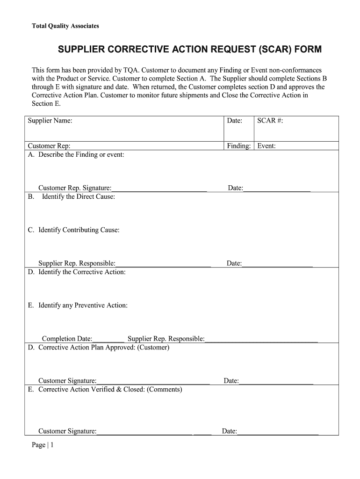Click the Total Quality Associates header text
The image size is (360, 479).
(65, 26)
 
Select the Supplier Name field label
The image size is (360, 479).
(50, 121)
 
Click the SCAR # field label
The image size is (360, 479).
(270, 121)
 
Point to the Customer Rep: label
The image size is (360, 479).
(49, 146)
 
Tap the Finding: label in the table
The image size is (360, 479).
(239, 146)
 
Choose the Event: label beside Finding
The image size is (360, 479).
(266, 146)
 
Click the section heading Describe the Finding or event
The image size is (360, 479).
(81, 154)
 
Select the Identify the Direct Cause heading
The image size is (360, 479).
(78, 196)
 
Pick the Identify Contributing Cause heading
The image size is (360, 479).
(79, 230)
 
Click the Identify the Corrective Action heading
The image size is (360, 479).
(82, 272)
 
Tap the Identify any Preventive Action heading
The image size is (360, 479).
(83, 305)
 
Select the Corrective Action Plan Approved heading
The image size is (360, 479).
(103, 348)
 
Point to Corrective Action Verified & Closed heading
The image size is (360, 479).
(110, 389)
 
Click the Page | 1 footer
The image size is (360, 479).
(43, 445)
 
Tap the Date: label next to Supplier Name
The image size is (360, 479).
(234, 121)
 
